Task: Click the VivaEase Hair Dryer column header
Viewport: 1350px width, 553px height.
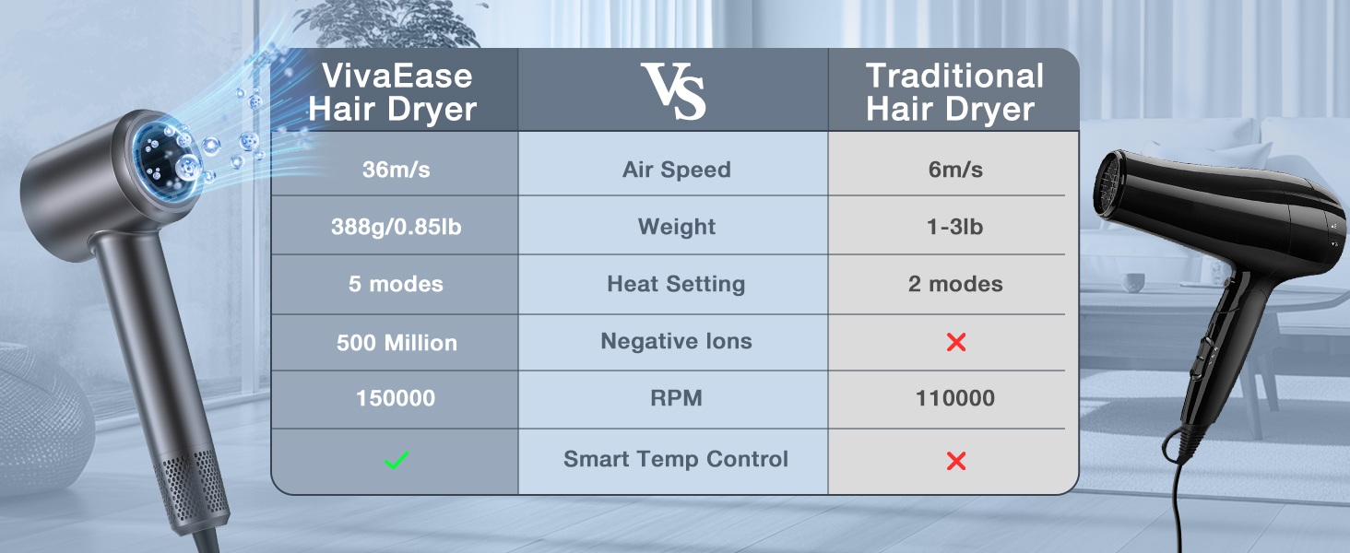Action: (x=392, y=92)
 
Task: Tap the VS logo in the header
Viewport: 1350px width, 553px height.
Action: (x=673, y=91)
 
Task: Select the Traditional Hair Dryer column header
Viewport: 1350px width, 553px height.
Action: (x=954, y=92)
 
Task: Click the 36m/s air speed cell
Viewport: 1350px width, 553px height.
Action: (x=396, y=170)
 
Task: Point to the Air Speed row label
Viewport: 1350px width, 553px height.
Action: (x=676, y=170)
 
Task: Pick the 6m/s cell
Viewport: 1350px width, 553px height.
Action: (x=955, y=170)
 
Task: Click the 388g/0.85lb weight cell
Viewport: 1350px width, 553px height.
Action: (x=396, y=227)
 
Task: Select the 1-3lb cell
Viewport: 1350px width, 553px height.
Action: (x=954, y=227)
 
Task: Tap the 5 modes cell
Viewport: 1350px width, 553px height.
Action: (x=396, y=284)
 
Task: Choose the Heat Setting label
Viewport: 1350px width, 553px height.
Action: (x=676, y=284)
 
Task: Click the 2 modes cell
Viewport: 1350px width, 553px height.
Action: (x=955, y=284)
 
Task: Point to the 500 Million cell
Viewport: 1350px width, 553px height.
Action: (x=397, y=343)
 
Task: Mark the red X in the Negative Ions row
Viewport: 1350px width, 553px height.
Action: (x=956, y=342)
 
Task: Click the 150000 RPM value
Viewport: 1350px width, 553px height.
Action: (x=396, y=398)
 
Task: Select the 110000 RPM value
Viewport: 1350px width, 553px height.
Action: (x=955, y=398)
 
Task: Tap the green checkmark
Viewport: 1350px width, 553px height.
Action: (x=396, y=461)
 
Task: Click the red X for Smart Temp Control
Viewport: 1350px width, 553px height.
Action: (x=956, y=461)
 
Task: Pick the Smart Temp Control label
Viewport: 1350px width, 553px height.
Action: (x=676, y=460)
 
